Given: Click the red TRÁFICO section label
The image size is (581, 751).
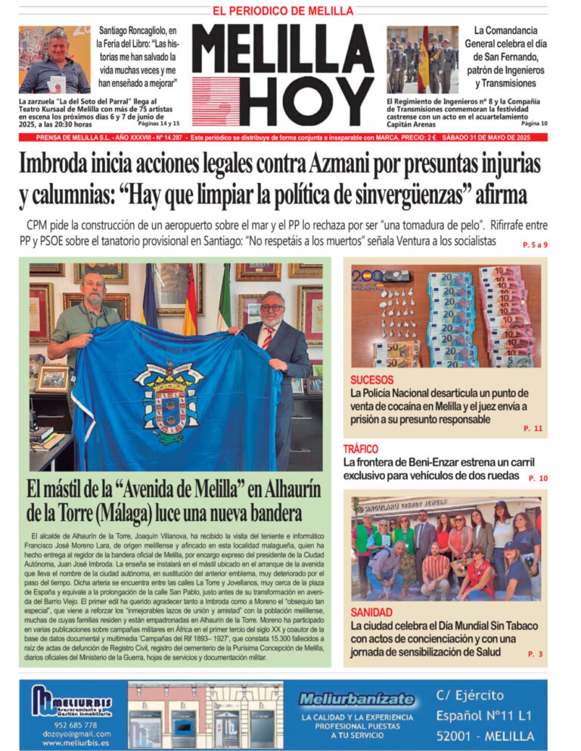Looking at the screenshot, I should (x=361, y=449).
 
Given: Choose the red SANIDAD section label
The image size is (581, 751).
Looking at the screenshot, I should (x=371, y=612).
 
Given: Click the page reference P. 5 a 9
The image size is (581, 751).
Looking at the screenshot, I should (x=535, y=245).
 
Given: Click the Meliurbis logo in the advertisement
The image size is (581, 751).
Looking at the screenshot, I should (x=72, y=703).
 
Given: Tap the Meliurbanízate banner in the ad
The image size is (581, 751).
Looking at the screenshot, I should (x=357, y=700).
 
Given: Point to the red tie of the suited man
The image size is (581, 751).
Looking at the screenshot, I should (x=268, y=337).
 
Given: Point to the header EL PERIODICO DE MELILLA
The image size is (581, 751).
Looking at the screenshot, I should (x=283, y=11).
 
